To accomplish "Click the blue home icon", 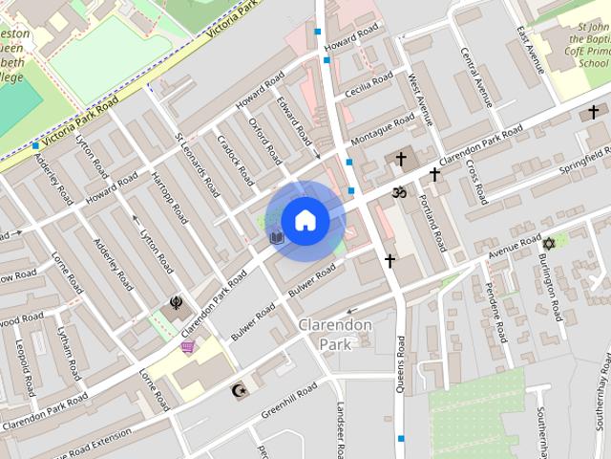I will pyautogui.click(x=305, y=221).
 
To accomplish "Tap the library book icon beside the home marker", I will pyautogui.click(x=277, y=236).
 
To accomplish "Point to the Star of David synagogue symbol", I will pyautogui.click(x=548, y=244).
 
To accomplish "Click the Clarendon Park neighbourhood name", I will pyautogui.click(x=334, y=334).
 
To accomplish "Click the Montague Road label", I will pyautogui.click(x=383, y=128).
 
